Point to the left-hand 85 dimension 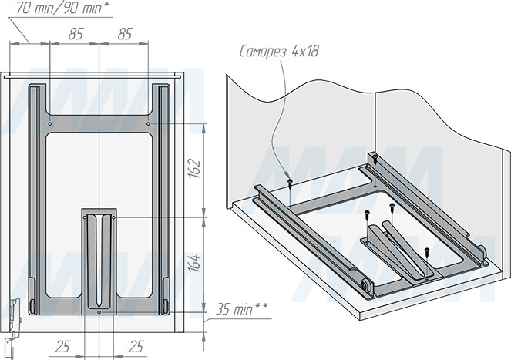(75, 34)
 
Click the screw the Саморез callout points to (290, 183)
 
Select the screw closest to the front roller (425, 251)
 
